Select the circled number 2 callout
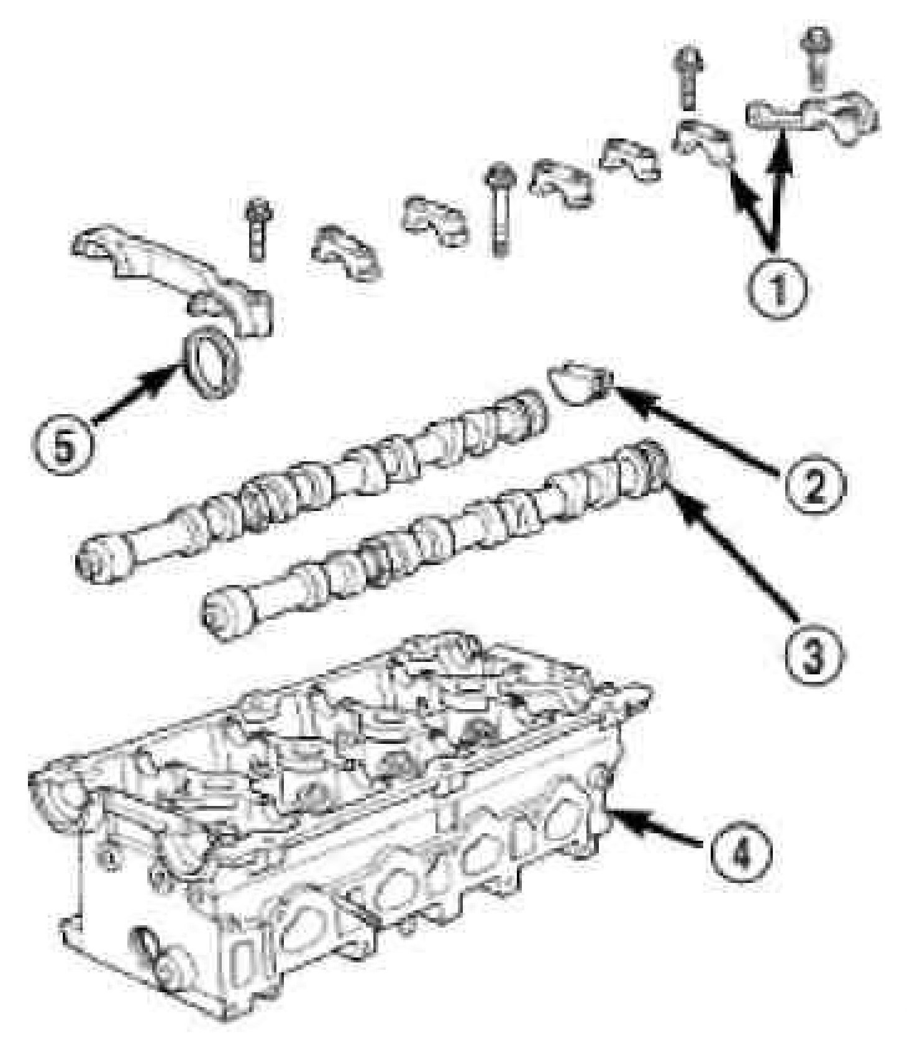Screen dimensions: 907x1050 click(x=813, y=478)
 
